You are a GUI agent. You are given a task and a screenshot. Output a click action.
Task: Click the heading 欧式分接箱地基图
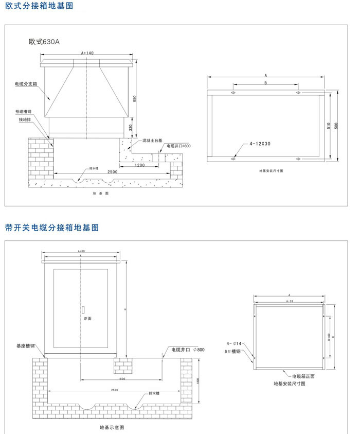pos(39,7)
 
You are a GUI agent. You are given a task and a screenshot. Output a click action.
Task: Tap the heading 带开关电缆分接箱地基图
pos(51,227)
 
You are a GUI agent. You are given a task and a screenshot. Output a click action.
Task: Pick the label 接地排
pos(25,119)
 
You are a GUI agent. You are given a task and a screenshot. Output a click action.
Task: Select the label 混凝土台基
pos(153,140)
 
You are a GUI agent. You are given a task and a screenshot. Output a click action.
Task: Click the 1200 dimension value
pos(139,166)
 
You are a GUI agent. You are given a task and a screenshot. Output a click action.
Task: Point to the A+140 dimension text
pos(87,53)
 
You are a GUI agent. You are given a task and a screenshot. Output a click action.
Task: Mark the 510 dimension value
pos(329,125)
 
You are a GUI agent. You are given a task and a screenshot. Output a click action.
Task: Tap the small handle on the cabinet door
pos(82,310)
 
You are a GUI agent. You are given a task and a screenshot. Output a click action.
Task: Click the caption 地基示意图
pos(112,428)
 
